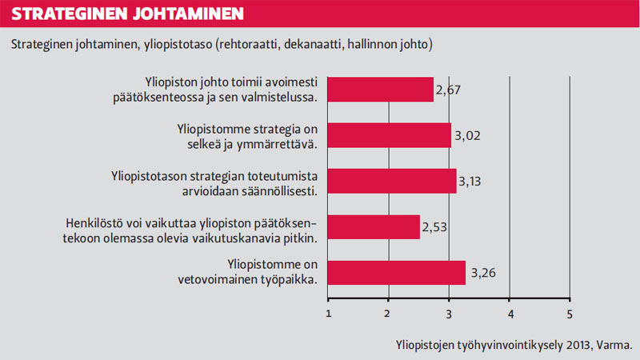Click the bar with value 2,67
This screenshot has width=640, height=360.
pos(381,89)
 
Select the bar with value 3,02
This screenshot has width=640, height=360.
pos(390,134)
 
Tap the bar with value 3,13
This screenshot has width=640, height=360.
pos(392,181)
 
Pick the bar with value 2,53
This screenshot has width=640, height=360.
pos(374,226)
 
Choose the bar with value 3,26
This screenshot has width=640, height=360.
pos(397,272)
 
